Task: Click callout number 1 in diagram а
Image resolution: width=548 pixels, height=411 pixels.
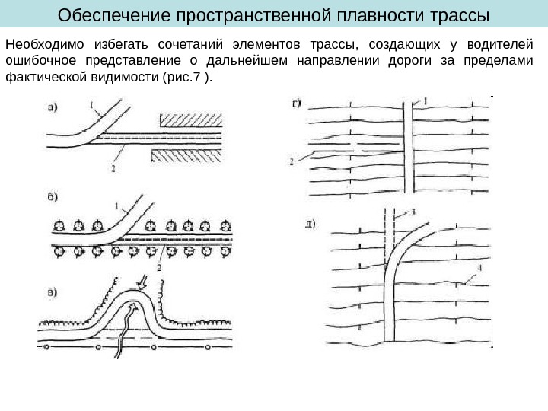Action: (x=91, y=106)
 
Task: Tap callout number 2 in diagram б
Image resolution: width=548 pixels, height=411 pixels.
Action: (x=159, y=267)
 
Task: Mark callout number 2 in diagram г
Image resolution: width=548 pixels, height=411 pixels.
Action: (x=292, y=161)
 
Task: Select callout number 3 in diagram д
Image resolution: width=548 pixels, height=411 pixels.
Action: (x=412, y=214)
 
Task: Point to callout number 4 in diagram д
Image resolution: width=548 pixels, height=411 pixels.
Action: (x=479, y=268)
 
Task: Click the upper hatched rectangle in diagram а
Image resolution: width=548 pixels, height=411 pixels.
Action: (x=190, y=119)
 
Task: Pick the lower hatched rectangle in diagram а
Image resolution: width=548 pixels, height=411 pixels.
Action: (x=187, y=155)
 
